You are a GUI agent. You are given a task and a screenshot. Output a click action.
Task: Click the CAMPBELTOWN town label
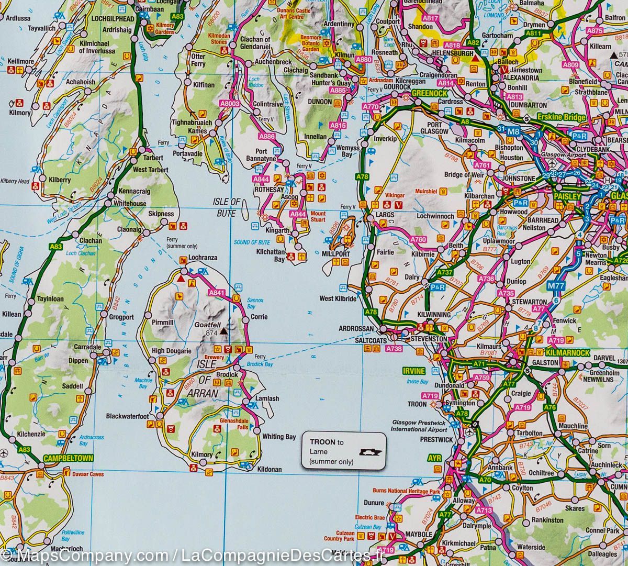tap(69, 458)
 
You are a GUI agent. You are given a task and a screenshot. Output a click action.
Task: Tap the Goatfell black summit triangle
tap(224, 331)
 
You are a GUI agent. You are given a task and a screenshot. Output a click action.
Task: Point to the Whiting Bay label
tap(279, 437)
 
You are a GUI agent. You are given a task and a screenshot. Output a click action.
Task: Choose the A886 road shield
tap(267, 137)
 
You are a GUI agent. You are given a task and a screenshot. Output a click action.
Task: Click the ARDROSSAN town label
tap(356, 328)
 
